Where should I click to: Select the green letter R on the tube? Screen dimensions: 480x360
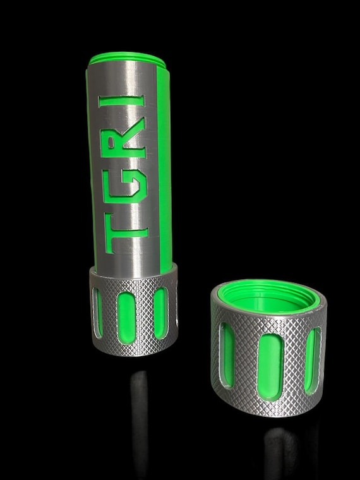tap(129, 147)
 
